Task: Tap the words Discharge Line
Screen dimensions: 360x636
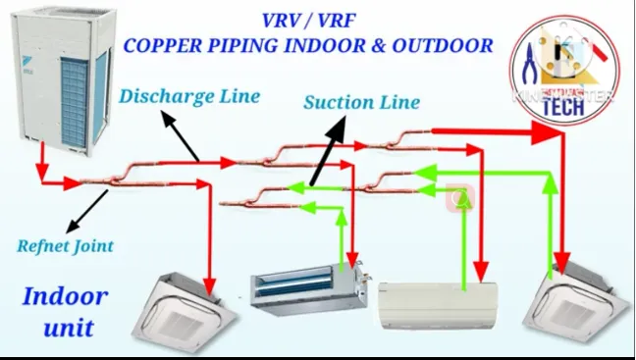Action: [188, 96]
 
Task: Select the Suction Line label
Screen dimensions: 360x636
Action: [361, 102]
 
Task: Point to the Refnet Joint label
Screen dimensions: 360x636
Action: [65, 246]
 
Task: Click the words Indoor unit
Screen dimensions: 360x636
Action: [67, 311]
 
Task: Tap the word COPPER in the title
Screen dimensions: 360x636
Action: [172, 45]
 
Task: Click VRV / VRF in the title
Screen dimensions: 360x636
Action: [306, 20]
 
